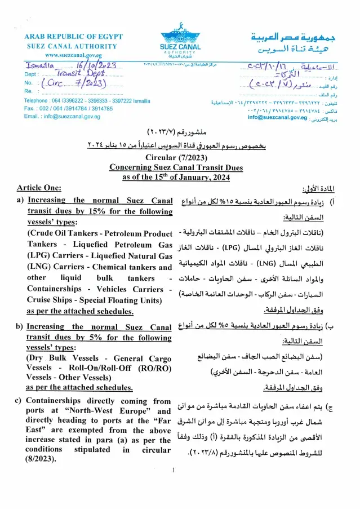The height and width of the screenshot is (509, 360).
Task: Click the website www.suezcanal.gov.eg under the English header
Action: [x=73, y=56]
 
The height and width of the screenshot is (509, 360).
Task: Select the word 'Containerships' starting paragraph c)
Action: [x=56, y=401]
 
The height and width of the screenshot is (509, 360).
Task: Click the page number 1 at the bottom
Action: [x=174, y=470]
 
